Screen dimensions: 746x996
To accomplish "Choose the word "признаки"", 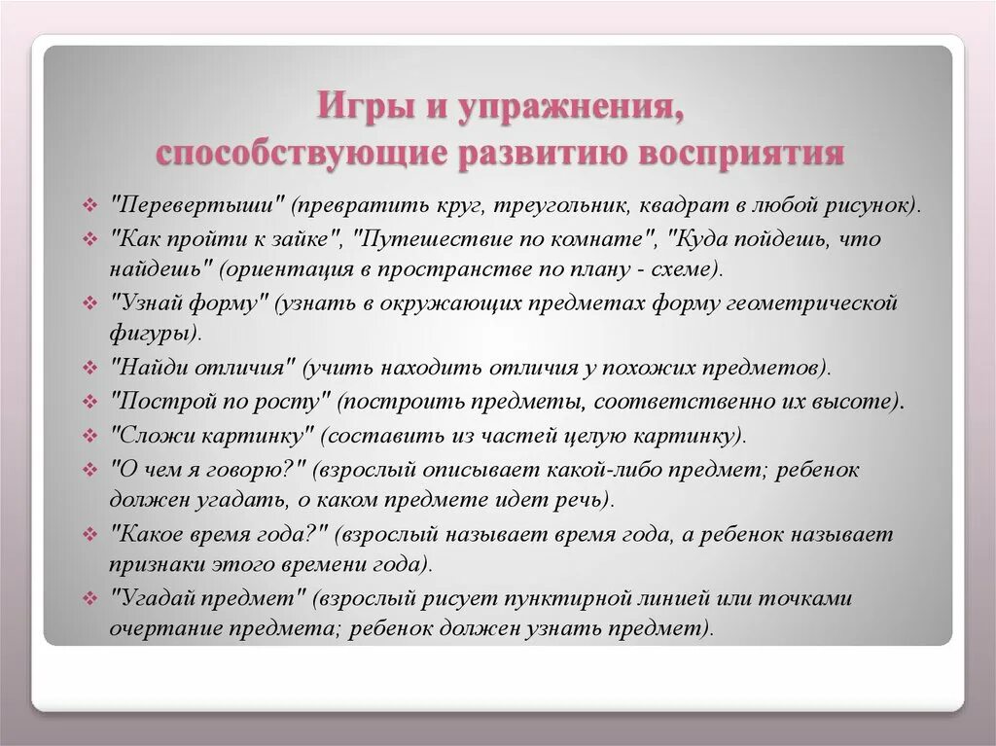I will (x=155, y=565).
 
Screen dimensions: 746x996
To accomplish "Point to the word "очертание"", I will (x=162, y=628).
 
